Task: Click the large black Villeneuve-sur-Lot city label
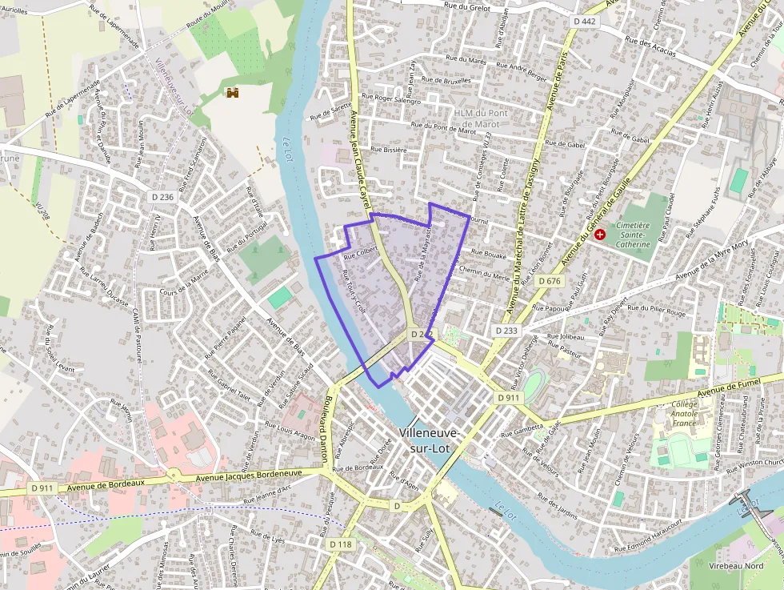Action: tap(429, 440)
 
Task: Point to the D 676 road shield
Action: tap(550, 281)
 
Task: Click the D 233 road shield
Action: tap(506, 330)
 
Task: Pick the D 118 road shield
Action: tap(340, 544)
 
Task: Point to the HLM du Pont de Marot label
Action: tap(477, 118)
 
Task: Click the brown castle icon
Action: tap(233, 94)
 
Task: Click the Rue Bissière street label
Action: tap(390, 150)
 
